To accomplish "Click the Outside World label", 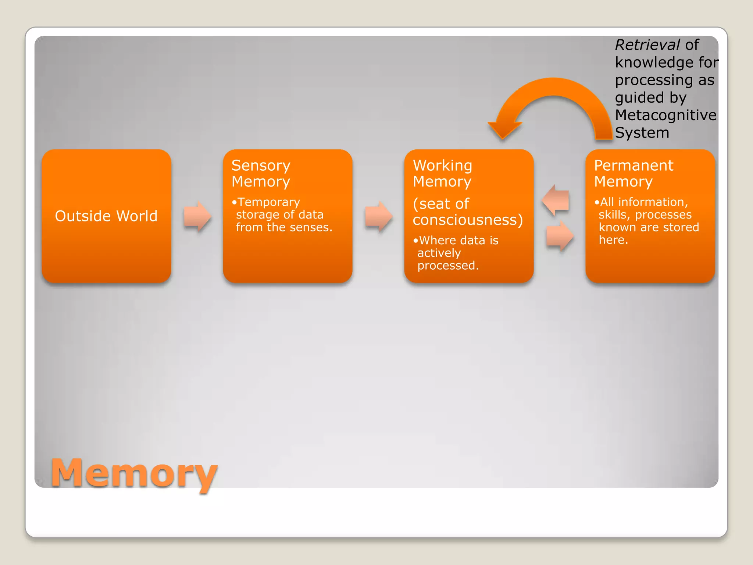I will tap(106, 216).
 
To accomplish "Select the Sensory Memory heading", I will tap(261, 174).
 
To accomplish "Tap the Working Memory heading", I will tap(442, 174).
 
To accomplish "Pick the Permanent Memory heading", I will tap(634, 174).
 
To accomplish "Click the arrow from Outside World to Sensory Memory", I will tap(197, 216).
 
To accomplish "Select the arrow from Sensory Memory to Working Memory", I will tap(379, 216).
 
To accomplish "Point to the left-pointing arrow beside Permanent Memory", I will tap(556, 200).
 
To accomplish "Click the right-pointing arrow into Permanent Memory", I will tap(560, 236).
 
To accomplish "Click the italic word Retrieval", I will tap(647, 45).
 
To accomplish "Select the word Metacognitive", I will tap(665, 115).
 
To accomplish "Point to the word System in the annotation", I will tap(642, 133).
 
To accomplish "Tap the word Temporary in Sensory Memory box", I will tap(269, 202).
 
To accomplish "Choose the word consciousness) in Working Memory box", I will tap(468, 220).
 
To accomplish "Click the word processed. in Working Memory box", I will tap(448, 266).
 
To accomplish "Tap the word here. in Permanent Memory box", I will tap(613, 240).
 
